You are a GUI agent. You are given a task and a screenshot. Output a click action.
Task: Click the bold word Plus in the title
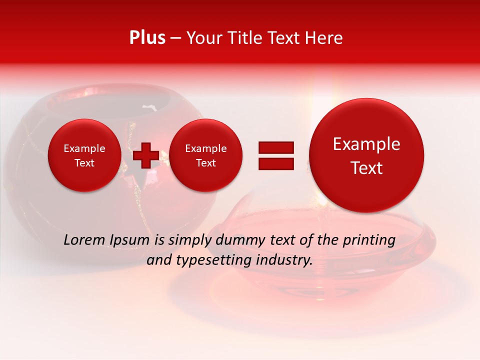[147, 38]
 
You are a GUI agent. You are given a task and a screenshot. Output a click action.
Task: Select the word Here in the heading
[324, 38]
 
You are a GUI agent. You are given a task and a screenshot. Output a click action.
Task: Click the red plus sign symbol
[146, 155]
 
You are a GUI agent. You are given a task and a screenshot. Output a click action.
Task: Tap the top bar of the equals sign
[276, 147]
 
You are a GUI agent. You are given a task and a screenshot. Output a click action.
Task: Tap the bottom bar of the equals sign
[276, 163]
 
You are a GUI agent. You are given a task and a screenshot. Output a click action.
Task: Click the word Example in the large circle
[366, 144]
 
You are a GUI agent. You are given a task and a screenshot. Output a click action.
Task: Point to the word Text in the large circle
[366, 168]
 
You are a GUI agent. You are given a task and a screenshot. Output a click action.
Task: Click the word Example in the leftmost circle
[84, 148]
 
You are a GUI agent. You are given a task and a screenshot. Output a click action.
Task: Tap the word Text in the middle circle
[206, 163]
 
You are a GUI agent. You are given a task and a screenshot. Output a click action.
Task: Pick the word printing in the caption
[369, 240]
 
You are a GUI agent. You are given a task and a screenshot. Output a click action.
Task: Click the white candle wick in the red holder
[148, 106]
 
